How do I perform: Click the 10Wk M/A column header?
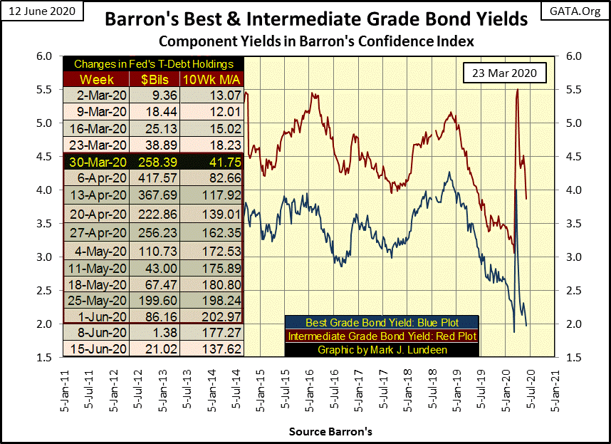point(211,78)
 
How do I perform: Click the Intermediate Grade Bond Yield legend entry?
point(381,336)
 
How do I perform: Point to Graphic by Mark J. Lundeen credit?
point(381,349)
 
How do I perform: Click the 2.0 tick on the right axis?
point(573,324)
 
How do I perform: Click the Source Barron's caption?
point(330,432)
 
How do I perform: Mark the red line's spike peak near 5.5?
point(516,90)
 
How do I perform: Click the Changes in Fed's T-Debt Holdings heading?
point(153,64)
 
